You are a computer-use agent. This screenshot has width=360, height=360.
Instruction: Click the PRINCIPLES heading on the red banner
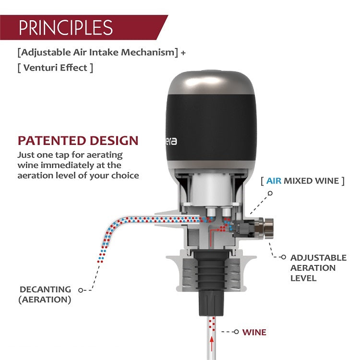66,27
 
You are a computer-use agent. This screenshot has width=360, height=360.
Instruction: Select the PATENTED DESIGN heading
78,141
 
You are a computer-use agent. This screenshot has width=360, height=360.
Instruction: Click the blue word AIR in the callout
274,180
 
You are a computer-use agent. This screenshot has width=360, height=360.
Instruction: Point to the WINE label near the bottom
254,332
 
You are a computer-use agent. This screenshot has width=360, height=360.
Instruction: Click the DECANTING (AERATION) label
45,294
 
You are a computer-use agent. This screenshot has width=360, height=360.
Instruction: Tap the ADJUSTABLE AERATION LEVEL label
318,268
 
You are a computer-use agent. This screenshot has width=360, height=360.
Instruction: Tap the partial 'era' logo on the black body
171,141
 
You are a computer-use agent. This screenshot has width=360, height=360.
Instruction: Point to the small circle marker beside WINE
236,332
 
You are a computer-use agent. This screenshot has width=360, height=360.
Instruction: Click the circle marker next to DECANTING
80,290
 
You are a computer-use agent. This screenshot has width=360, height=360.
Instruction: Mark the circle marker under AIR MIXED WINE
270,193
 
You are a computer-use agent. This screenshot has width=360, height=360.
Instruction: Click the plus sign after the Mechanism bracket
183,53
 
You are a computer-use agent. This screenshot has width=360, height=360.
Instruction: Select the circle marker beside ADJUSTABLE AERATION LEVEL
284,257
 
